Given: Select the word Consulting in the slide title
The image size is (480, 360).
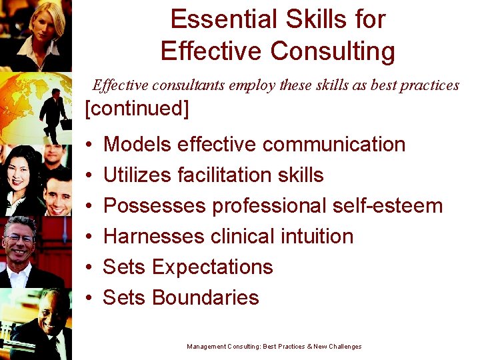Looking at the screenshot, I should pos(337,51).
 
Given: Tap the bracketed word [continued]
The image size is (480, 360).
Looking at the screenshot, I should pos(137,109).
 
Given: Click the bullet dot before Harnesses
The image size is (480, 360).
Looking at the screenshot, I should pos(89,237).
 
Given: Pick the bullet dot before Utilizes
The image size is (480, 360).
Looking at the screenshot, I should pos(89,175).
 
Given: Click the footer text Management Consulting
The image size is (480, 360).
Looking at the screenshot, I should pos(224,347).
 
